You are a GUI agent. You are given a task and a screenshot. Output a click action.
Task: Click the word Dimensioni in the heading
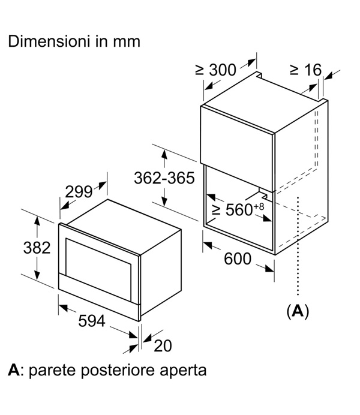[49, 41]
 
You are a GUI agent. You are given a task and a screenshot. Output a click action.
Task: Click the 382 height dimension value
[37, 248]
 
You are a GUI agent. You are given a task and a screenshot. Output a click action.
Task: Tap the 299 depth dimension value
[79, 192]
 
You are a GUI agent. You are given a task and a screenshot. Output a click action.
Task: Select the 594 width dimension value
[92, 320]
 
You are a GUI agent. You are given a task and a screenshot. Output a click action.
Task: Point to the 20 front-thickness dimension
[163, 345]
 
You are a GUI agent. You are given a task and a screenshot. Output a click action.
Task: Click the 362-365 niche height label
[164, 178]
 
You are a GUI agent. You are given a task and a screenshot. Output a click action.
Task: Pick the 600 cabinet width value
[238, 258]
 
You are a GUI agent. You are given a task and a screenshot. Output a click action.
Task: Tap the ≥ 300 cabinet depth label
[215, 70]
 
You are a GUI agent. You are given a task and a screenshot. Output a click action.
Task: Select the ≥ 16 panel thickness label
[306, 70]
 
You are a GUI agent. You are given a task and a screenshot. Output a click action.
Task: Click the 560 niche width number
[239, 210]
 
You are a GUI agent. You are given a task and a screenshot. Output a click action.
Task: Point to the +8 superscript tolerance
[259, 206]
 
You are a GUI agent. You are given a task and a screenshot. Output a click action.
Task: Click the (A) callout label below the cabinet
[298, 311]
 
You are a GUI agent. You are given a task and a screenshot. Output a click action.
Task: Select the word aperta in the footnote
[183, 371]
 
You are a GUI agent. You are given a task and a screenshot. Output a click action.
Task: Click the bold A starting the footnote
[13, 370]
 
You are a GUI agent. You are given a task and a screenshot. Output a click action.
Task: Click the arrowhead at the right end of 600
[269, 269]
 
